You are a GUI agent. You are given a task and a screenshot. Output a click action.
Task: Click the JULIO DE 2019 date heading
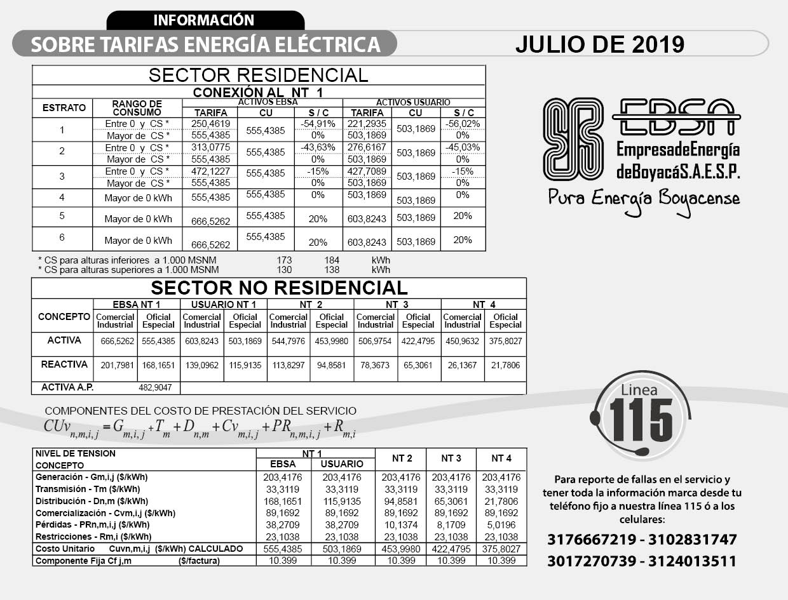tap(599, 44)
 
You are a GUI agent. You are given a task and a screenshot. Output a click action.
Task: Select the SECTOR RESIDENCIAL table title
tap(258, 75)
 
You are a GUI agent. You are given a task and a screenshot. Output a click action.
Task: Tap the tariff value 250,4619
tap(210, 124)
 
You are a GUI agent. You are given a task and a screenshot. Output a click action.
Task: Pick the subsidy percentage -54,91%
tap(318, 124)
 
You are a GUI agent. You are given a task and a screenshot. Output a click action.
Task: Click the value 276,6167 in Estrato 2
tap(367, 147)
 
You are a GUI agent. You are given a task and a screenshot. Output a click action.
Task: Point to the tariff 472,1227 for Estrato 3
tap(210, 171)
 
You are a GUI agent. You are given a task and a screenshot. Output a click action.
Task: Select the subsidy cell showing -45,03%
tap(463, 147)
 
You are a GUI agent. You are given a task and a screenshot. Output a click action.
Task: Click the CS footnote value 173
tap(284, 260)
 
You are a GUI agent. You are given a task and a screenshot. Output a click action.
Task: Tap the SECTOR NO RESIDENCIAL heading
tap(279, 288)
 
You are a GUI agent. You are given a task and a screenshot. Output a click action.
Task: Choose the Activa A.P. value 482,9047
tap(156, 387)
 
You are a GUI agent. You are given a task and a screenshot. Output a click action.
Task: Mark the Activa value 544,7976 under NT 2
tap(288, 341)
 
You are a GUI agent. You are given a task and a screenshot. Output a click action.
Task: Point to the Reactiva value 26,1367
tap(462, 365)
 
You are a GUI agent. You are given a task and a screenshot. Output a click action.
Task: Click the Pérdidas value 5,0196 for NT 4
tap(501, 525)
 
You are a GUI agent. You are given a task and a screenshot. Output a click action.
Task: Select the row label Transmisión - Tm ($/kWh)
tap(88, 489)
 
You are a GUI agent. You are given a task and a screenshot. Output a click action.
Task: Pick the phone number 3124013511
tap(694, 561)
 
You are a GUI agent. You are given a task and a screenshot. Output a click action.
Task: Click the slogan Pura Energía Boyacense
tap(644, 198)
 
